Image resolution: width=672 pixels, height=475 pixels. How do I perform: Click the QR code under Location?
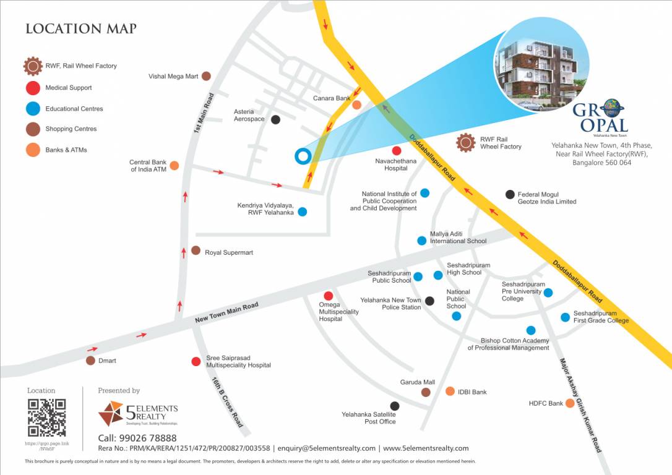click(x=46, y=417)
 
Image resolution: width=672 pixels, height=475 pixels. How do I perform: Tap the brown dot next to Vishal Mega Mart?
click(x=206, y=76)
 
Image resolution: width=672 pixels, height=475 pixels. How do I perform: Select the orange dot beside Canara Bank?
click(x=357, y=105)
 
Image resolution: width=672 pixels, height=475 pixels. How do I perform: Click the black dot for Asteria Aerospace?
click(x=275, y=119)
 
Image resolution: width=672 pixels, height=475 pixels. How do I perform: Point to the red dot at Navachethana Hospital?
click(x=397, y=151)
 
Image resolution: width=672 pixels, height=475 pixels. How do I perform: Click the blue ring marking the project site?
click(x=302, y=156)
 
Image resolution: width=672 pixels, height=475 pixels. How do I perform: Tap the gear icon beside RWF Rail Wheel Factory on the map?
click(x=465, y=143)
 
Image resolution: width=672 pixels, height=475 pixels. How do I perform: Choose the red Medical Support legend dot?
click(x=33, y=88)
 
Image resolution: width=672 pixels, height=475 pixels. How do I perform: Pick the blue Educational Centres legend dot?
click(x=33, y=109)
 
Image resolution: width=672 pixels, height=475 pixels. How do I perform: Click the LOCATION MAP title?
click(x=81, y=28)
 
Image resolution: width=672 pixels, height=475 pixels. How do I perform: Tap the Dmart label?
click(x=106, y=361)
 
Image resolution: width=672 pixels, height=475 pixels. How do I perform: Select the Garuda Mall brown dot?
click(x=426, y=392)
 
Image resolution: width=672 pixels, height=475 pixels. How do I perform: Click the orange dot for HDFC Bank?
click(x=570, y=403)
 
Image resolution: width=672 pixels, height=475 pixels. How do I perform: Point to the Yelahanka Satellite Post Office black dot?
click(x=395, y=406)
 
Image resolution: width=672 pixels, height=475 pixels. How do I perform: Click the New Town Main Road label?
click(x=226, y=312)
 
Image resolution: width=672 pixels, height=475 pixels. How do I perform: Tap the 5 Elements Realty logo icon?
click(x=111, y=413)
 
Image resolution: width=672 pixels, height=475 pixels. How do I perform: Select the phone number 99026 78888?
click(x=150, y=438)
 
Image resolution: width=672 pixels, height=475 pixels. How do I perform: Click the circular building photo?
click(x=540, y=64)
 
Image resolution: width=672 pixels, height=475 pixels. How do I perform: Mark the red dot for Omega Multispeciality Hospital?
click(x=329, y=296)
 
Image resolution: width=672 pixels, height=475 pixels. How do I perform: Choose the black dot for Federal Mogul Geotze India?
click(x=510, y=194)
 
